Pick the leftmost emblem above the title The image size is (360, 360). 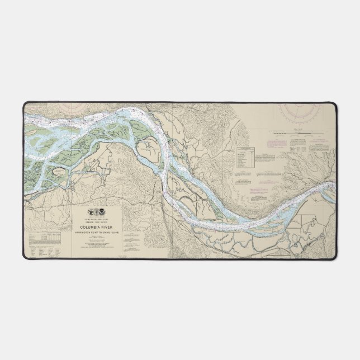[92, 213]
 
